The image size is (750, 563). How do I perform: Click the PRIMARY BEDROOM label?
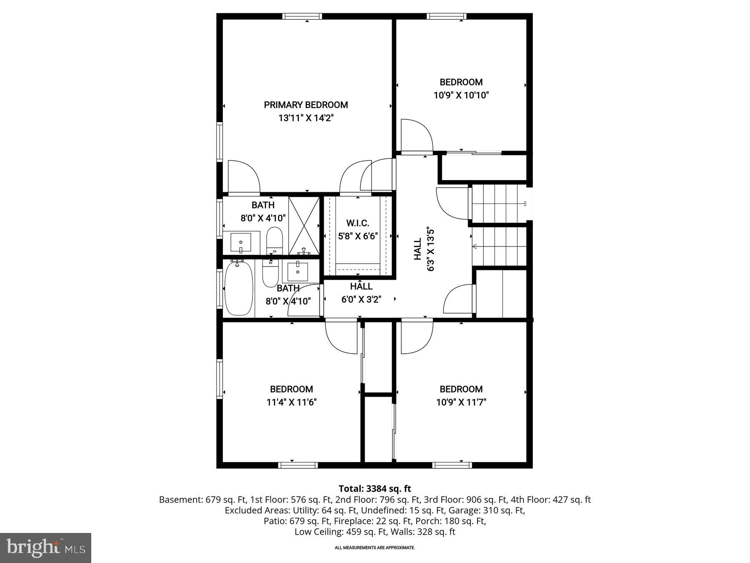(x=306, y=105)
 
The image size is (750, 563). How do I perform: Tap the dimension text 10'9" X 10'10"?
(x=461, y=95)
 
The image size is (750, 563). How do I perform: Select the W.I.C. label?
(x=357, y=223)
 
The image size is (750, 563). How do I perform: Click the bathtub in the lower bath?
(x=239, y=289)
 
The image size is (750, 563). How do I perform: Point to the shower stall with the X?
(x=304, y=226)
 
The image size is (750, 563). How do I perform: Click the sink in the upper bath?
(x=241, y=242)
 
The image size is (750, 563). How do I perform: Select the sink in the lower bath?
(x=297, y=271)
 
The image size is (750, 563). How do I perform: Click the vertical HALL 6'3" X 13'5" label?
(x=424, y=249)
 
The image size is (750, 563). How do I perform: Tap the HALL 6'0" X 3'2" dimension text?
(x=361, y=299)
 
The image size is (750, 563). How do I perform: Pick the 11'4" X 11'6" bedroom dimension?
(x=292, y=402)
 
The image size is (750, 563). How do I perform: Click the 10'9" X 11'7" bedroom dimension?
(x=461, y=402)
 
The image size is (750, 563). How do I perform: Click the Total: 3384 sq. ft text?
(x=375, y=488)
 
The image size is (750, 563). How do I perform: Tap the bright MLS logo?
(x=45, y=548)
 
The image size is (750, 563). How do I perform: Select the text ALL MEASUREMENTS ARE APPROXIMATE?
(x=375, y=548)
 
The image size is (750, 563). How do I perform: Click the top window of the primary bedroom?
(x=302, y=16)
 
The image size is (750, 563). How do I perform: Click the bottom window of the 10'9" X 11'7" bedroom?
(x=452, y=465)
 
